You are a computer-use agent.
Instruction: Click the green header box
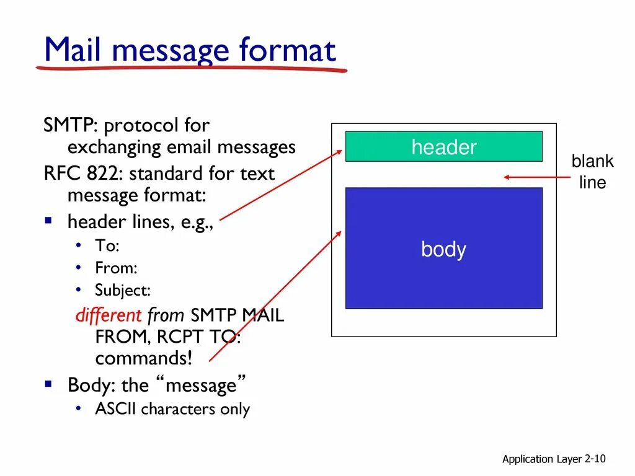tap(443, 147)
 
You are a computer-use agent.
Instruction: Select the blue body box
tap(443, 248)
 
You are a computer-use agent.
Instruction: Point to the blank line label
tap(592, 172)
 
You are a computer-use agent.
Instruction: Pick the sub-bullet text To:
tap(107, 245)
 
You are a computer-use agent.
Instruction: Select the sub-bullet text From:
tap(116, 268)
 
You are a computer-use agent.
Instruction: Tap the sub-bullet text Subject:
tap(123, 290)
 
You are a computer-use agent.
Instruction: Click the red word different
tap(109, 315)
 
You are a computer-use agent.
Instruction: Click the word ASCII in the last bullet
tap(116, 409)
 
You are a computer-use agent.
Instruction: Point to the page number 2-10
tap(595, 459)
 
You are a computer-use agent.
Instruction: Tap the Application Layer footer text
tap(541, 459)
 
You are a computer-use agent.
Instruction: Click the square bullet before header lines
tap(48, 220)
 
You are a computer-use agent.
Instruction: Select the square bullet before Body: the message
tap(48, 384)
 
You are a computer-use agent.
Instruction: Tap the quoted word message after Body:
tap(202, 386)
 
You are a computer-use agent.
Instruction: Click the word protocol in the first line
tap(141, 126)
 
